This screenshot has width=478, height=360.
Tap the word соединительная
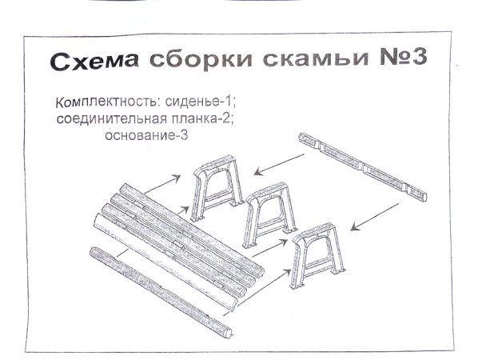coord(110,120)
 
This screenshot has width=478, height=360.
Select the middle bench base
coord(269,214)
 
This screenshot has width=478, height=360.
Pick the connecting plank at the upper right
coord(362,166)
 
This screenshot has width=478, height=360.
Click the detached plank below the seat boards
coord(159,293)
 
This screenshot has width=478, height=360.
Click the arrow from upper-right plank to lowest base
coord(375,216)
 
